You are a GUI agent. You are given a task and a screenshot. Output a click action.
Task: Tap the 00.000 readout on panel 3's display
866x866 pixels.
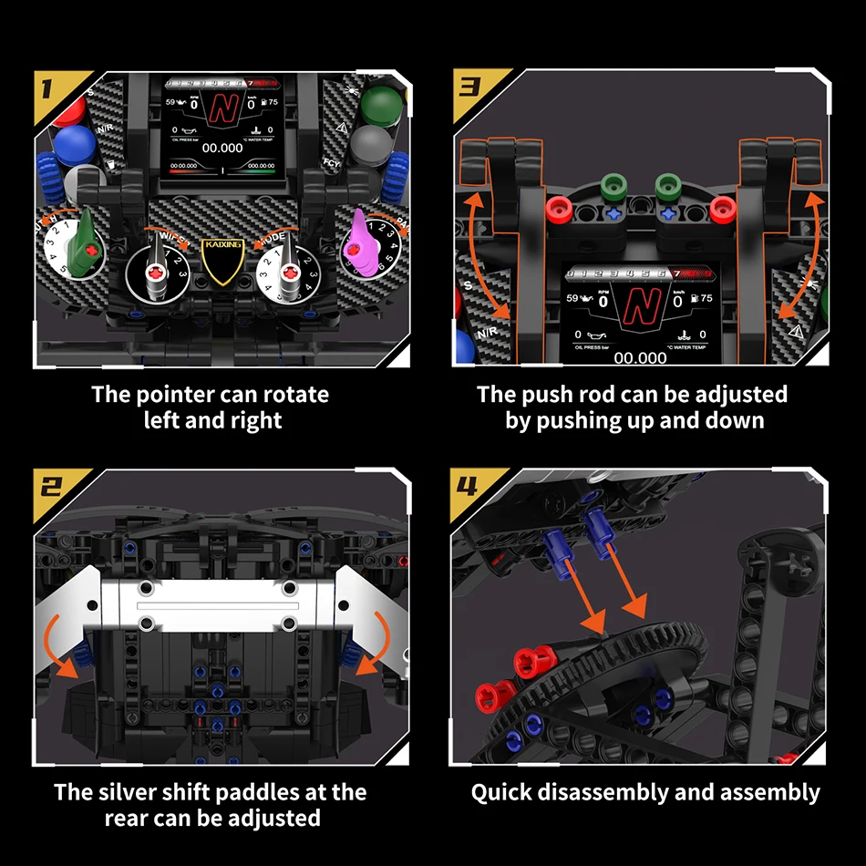[640, 357]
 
